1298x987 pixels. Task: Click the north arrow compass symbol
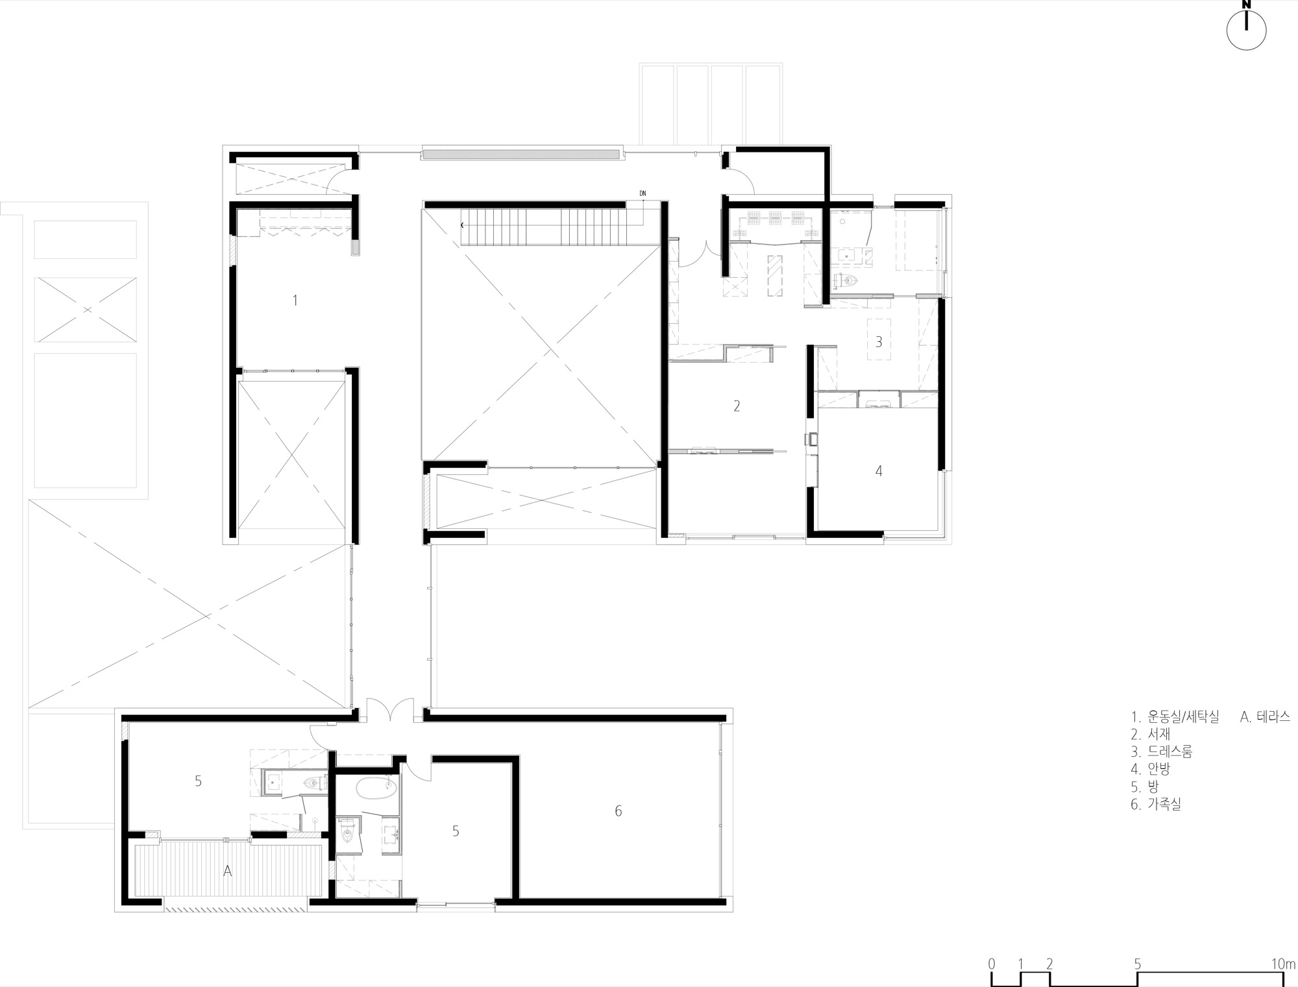click(1246, 29)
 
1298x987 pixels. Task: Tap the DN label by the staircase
click(643, 193)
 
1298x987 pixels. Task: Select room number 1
click(295, 300)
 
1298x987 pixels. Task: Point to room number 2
click(737, 406)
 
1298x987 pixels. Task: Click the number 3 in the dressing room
click(879, 341)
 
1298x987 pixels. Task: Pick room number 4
click(879, 471)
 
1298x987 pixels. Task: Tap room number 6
click(618, 810)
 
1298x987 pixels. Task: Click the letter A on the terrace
click(227, 871)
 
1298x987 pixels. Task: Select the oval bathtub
click(376, 788)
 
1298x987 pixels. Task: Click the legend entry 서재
click(1159, 734)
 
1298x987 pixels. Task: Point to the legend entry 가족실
click(1164, 804)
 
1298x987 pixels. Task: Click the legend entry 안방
click(1159, 769)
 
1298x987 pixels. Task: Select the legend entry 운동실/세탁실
click(1183, 716)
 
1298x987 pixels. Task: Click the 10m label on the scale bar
click(1283, 964)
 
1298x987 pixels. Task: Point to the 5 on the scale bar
click(1137, 964)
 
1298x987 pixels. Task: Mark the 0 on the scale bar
click(991, 964)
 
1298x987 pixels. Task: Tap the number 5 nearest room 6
click(456, 831)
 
